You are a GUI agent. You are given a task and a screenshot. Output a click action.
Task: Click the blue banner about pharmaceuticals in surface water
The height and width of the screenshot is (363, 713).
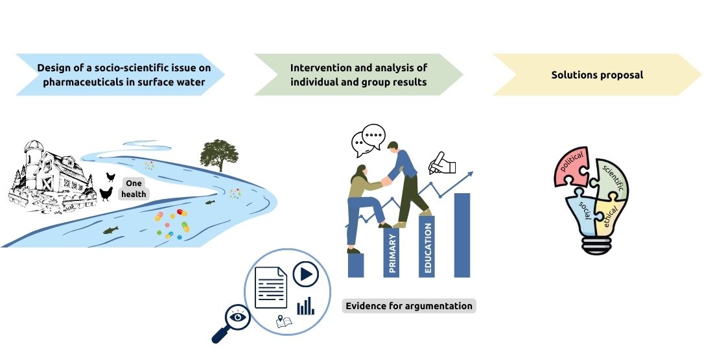tap(121, 75)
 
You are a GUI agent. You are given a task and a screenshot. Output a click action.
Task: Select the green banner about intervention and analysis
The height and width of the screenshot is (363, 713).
tap(358, 75)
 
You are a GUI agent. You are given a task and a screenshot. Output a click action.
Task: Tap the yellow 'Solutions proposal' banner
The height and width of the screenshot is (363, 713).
tap(597, 75)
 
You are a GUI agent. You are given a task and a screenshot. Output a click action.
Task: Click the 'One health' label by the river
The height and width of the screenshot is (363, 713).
tap(134, 189)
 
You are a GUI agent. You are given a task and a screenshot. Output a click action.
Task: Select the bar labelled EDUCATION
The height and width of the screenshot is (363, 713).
tap(426, 246)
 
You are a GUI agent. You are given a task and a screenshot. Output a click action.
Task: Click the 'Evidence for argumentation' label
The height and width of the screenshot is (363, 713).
tap(409, 305)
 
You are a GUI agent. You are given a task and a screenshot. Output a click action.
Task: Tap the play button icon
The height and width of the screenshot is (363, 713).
tap(305, 274)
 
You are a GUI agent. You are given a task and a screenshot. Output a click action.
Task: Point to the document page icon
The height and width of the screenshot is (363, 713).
tap(271, 287)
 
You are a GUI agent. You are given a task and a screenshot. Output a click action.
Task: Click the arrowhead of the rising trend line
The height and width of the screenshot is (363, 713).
tap(470, 174)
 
